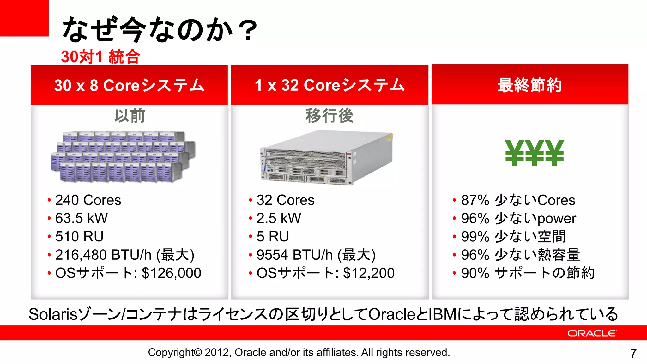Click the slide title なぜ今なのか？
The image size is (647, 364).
(160, 30)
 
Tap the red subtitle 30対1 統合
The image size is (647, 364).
(100, 57)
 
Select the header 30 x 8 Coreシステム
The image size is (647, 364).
(129, 85)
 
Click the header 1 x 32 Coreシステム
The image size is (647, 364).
(330, 85)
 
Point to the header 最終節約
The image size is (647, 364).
(530, 85)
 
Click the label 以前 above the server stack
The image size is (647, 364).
(130, 116)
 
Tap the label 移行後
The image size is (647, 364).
(329, 116)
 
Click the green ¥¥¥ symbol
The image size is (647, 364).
(534, 153)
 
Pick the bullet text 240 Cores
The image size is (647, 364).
(88, 200)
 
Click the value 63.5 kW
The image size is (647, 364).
(82, 218)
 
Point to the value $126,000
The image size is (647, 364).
(172, 273)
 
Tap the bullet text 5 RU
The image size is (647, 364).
(273, 237)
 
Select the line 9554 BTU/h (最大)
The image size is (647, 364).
(316, 255)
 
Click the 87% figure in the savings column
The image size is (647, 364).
(475, 200)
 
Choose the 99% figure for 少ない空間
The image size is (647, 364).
(475, 237)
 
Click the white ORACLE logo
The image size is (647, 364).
(591, 333)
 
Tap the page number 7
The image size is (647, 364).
(633, 353)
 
